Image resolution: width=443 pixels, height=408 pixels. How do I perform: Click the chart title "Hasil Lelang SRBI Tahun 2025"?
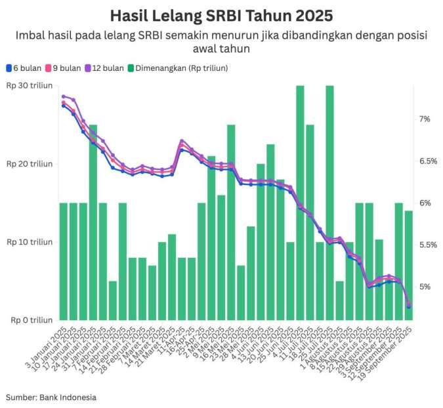pos(221,15)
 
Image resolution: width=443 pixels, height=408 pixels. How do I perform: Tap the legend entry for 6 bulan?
pos(25,68)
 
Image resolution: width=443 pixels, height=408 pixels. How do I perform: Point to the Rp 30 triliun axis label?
pos(30,86)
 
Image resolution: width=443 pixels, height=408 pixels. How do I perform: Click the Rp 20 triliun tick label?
pos(30,164)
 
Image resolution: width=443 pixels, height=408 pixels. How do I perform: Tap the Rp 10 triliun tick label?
pos(30,242)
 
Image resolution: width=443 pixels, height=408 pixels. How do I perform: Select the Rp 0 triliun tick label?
pos(32,320)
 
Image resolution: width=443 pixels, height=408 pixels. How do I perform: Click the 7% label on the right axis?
pos(425,119)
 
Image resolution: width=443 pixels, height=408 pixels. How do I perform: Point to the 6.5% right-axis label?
pos(427,161)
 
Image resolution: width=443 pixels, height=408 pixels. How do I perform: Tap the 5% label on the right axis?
pos(425,287)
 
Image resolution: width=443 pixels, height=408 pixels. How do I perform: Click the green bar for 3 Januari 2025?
pos(64,262)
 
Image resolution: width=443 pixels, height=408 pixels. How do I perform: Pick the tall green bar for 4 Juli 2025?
pos(300,203)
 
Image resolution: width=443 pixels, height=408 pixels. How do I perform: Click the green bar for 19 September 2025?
pos(408,266)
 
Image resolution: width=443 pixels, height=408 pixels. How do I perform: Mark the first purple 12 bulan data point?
pos(64,96)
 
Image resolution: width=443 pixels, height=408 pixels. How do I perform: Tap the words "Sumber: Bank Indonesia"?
pos(51,397)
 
